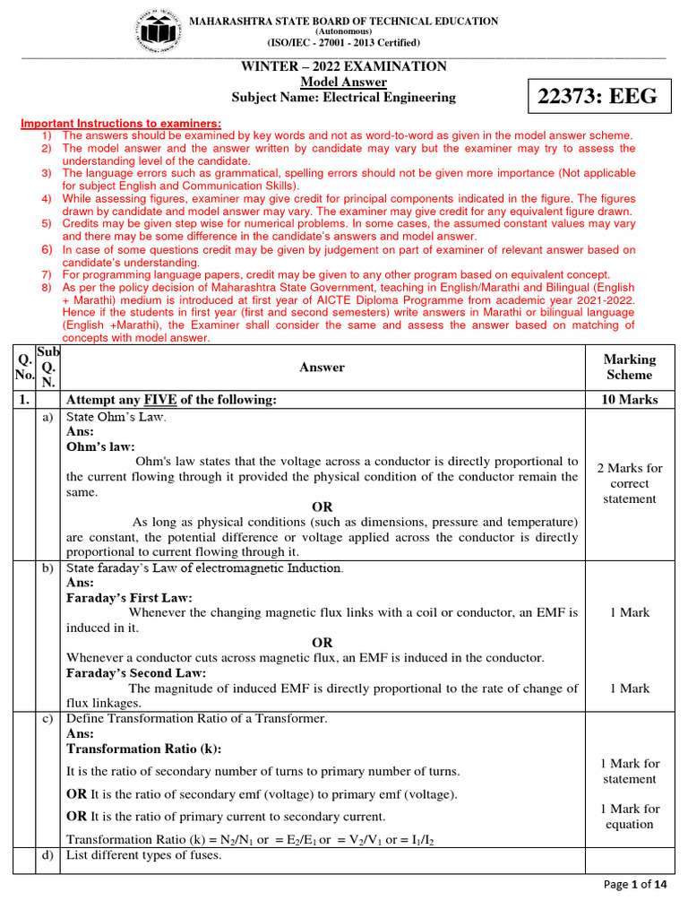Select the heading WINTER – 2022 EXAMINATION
343,66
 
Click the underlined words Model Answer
343,82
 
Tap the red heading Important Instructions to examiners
121,123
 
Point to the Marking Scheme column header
630,367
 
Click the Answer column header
322,367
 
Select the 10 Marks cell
630,399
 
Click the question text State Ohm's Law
116,416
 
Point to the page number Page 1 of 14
637,885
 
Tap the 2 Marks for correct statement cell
630,483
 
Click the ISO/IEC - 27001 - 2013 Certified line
343,42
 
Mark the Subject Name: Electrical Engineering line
343,97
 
